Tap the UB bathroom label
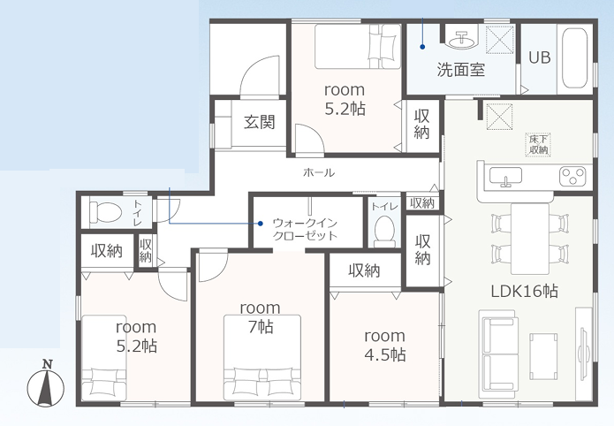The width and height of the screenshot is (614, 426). pos(540,57)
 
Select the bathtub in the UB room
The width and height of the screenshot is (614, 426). pos(575,58)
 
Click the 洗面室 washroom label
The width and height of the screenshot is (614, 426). pos(461,70)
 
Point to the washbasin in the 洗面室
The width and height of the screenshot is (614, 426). pos(463,38)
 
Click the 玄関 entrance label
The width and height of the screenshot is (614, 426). pos(259,122)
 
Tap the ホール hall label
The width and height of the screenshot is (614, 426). pos(319,172)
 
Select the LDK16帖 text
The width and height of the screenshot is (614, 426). pos(524,291)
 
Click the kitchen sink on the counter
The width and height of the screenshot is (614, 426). pos(505,176)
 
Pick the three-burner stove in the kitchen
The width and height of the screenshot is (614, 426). pos(572,176)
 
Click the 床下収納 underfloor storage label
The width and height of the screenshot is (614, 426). pos(538,144)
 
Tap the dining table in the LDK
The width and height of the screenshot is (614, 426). pos(530,239)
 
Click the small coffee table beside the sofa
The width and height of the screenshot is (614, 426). pos(543,356)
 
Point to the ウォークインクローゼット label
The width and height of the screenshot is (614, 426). pos(305,229)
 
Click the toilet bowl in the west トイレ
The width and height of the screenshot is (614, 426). pos(105,212)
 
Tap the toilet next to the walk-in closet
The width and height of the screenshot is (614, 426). pos(384,231)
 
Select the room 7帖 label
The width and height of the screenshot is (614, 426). pos(260,317)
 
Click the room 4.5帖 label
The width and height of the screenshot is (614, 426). pos(385,346)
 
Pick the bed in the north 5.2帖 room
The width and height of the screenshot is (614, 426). pos(358,47)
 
